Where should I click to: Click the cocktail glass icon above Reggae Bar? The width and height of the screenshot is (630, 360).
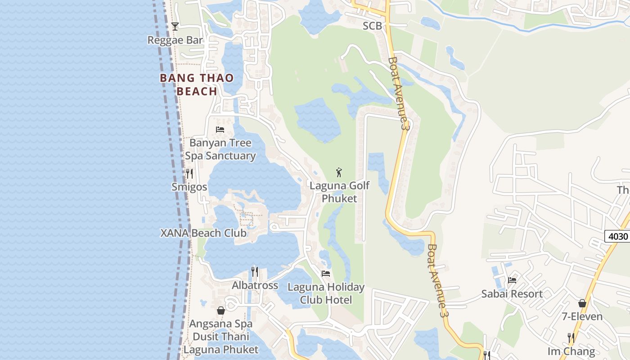(175, 27)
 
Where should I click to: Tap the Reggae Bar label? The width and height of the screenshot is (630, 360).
(175, 40)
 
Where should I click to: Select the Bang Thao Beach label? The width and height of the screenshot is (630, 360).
(197, 85)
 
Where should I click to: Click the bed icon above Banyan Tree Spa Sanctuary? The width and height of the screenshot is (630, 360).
(220, 129)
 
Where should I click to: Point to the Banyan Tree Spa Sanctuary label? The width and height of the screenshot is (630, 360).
(220, 149)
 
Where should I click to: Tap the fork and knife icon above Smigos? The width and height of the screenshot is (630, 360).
(189, 173)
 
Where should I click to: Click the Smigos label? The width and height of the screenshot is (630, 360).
(189, 187)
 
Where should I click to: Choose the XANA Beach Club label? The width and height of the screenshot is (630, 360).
(203, 233)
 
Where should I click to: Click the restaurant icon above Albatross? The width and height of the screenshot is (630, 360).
(255, 271)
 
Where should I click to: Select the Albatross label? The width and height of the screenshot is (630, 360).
(255, 285)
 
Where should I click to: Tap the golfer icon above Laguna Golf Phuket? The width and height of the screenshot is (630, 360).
(339, 172)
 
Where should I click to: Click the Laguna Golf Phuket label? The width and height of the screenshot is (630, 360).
(339, 192)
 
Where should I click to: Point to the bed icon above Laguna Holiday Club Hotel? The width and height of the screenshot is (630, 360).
(326, 273)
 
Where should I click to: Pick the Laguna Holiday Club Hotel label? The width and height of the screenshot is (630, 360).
(326, 293)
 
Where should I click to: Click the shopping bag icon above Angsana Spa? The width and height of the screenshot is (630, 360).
(221, 310)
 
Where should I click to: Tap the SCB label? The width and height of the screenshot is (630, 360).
(372, 26)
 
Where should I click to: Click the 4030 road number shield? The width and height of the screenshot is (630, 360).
(617, 236)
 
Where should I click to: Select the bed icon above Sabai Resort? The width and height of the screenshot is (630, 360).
(512, 280)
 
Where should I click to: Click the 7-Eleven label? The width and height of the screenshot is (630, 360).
(582, 316)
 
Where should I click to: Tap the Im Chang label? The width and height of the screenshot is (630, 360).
(571, 351)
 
